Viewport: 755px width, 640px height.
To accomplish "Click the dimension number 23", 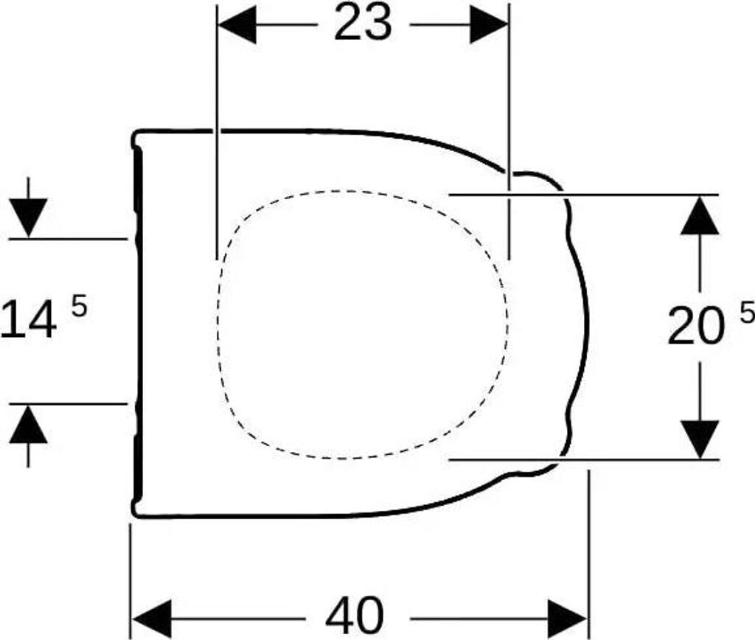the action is coord(363,23).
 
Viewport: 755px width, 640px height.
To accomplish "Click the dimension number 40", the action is coord(355,616).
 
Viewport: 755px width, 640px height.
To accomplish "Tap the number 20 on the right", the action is coord(696,326).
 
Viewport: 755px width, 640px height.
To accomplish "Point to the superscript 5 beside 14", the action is coord(80,306).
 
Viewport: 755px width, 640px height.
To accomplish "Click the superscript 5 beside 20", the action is coord(747,314).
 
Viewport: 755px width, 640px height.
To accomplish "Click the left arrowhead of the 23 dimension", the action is coord(237,25).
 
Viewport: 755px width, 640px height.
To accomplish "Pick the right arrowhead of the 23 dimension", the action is coord(490,25).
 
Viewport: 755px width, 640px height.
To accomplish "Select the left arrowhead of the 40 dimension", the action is coord(151,619).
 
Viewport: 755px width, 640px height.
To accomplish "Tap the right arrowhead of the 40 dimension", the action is coord(568,619).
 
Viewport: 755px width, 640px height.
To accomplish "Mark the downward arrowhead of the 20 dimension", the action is coord(700,439).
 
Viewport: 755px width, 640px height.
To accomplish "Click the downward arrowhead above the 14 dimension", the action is coord(29,218).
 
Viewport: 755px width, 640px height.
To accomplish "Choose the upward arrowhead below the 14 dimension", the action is coord(29,424).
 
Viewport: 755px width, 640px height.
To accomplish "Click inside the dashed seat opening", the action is coord(362,324).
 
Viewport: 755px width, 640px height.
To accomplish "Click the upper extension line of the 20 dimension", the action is coord(584,195).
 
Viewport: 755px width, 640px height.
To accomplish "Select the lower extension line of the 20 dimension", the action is coord(584,460).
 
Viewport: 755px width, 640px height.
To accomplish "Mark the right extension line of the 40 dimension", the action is coord(588,554).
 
